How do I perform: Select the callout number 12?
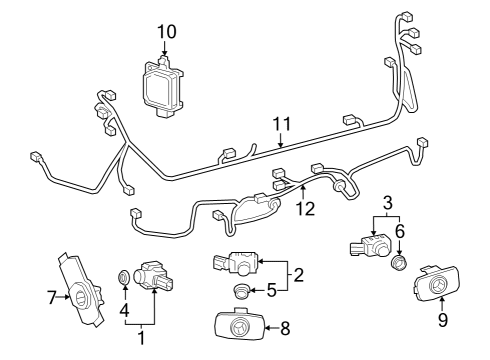(304, 208)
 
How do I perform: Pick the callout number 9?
(443, 321)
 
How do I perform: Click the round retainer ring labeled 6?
(399, 264)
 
